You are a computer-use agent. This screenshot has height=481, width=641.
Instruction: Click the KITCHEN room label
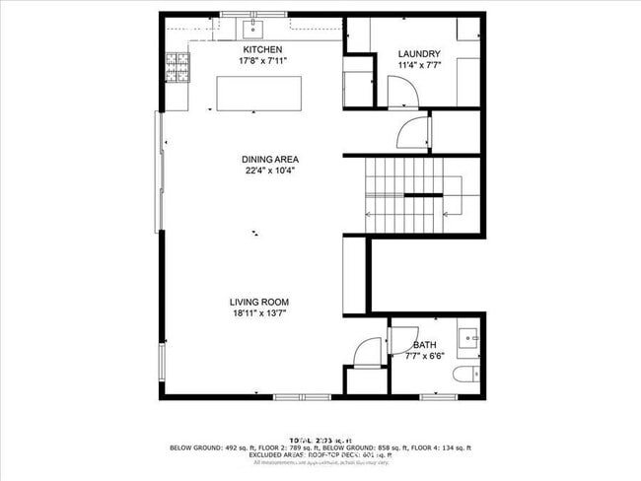click(x=263, y=50)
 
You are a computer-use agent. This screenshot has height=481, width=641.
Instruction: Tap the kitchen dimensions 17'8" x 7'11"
click(x=263, y=61)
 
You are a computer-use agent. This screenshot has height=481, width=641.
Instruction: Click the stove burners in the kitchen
click(x=178, y=67)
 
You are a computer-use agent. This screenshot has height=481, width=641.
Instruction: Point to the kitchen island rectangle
click(x=255, y=93)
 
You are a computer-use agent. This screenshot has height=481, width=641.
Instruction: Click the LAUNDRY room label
click(x=418, y=54)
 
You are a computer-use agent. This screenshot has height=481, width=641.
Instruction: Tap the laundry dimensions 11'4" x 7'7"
click(x=418, y=66)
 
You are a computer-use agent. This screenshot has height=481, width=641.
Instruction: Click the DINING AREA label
click(x=270, y=159)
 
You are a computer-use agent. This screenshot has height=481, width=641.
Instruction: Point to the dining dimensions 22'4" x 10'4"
click(x=270, y=170)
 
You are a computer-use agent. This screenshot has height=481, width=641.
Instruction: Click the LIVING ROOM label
click(x=259, y=303)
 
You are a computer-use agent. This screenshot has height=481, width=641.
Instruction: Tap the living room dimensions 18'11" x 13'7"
click(x=259, y=314)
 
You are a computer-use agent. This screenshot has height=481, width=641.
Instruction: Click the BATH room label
click(x=425, y=345)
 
